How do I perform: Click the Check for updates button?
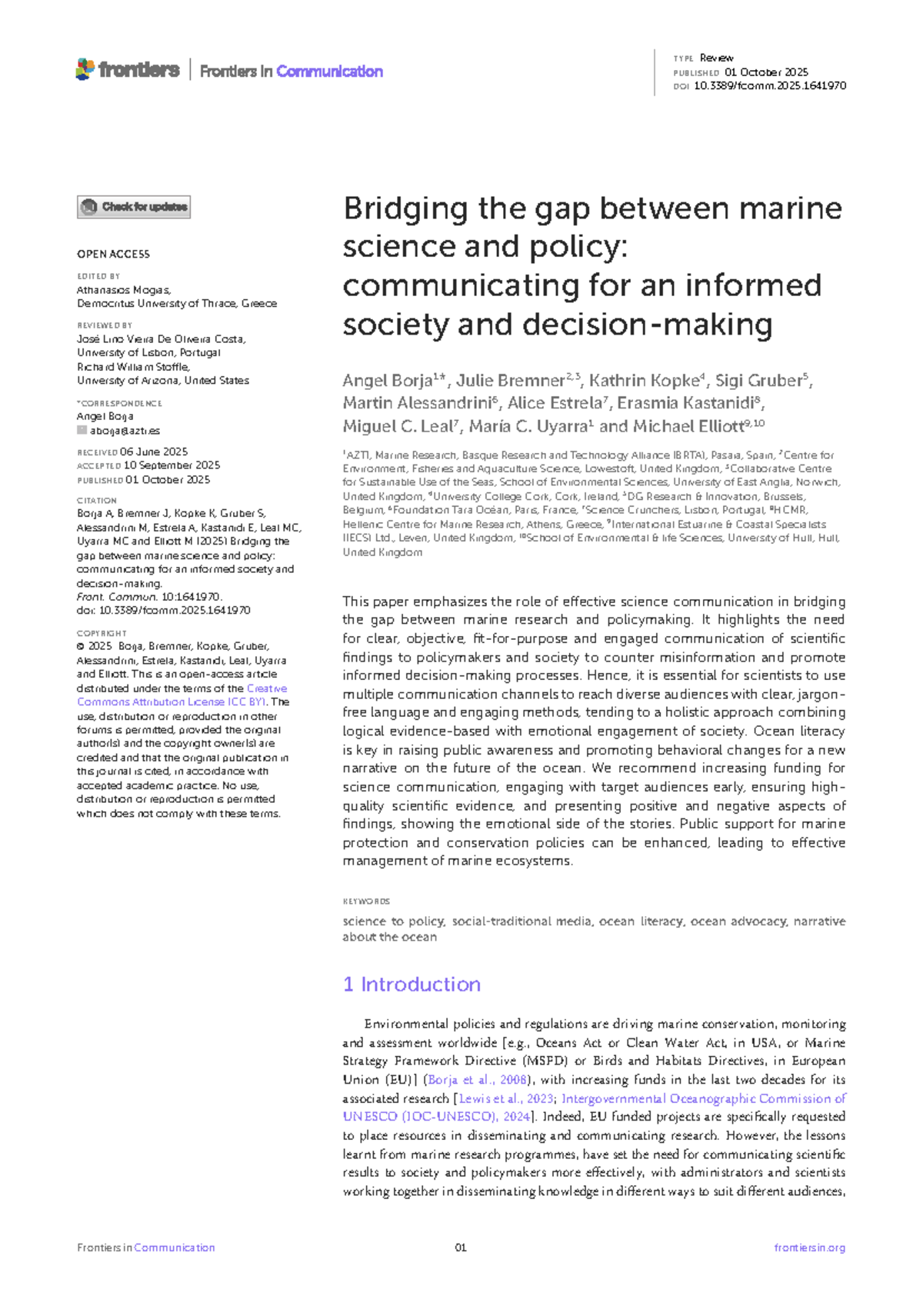pos(133,207)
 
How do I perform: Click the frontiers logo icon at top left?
pos(85,69)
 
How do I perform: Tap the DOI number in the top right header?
pos(769,86)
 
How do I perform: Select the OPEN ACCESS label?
pos(113,254)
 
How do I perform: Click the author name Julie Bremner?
pos(510,381)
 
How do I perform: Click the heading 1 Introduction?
pos(412,984)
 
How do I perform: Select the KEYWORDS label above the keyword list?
pos(366,901)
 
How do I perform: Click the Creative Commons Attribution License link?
pos(182,695)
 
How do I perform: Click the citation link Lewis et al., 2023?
pos(505,1098)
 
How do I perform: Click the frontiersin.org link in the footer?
pos(809,1248)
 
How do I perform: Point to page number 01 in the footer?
pos(461,1248)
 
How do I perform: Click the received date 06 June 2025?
pos(154,451)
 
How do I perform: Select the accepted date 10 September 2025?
pos(172,465)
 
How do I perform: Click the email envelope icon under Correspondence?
pos(82,431)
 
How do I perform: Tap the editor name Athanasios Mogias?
pos(123,290)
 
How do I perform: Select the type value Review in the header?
pos(716,58)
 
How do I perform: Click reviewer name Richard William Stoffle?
pos(132,367)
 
